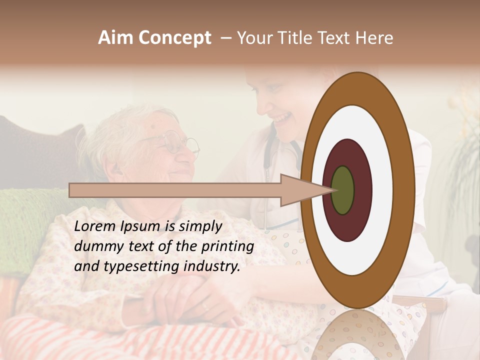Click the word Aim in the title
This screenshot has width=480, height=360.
coord(116,38)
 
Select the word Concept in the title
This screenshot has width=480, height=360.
coord(174,38)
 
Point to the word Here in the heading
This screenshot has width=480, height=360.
coord(374,38)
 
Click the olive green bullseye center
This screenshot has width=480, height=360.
coord(342,190)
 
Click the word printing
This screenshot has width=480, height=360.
coord(228,247)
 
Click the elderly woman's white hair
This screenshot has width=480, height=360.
coord(115,130)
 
